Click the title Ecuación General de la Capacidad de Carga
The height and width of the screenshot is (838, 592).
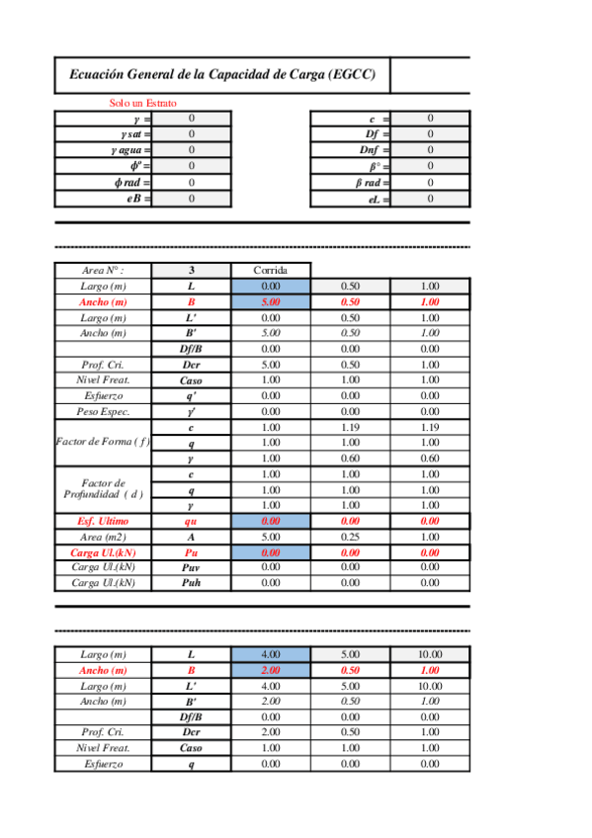pyautogui.click(x=222, y=74)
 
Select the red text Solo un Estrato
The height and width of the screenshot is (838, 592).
pyautogui.click(x=143, y=103)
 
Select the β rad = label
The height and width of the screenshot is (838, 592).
pyautogui.click(x=372, y=183)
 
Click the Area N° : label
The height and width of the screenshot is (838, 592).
pyautogui.click(x=103, y=271)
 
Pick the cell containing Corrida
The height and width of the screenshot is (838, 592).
pyautogui.click(x=271, y=270)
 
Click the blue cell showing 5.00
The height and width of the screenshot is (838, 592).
pyautogui.click(x=271, y=301)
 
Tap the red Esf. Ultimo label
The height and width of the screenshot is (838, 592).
pyautogui.click(x=103, y=521)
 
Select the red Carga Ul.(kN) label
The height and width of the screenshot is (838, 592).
pyautogui.click(x=103, y=552)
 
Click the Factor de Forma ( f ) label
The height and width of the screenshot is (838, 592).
pyautogui.click(x=103, y=443)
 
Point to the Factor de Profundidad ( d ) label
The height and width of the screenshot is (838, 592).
pyautogui.click(x=103, y=488)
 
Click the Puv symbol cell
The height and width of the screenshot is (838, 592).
pyautogui.click(x=192, y=567)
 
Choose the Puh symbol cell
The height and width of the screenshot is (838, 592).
pyautogui.click(x=192, y=583)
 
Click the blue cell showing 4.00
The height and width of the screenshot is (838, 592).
pyautogui.click(x=271, y=654)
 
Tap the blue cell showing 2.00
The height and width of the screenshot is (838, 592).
pyautogui.click(x=271, y=670)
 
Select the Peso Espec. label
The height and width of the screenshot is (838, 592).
pyautogui.click(x=103, y=411)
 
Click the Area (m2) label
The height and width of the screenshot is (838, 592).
pyautogui.click(x=103, y=537)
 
